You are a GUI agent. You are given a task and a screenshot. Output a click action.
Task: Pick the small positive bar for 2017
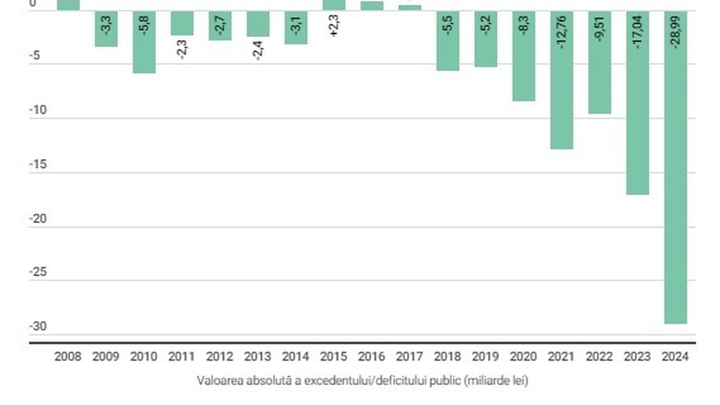tap(410, 8)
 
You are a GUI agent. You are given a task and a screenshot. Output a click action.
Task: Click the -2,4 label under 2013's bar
tap(258, 50)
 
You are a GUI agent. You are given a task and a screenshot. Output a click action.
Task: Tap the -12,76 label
tap(562, 32)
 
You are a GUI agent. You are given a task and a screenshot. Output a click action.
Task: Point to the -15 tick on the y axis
tap(38, 165)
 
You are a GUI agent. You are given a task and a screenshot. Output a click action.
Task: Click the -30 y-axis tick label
tap(38, 327)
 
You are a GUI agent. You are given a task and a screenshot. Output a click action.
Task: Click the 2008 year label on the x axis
tap(68, 356)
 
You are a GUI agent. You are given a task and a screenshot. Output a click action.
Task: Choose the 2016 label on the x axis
tap(371, 356)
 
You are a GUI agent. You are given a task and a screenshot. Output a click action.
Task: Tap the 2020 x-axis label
tap(523, 356)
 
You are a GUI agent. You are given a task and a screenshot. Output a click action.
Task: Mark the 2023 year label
tap(637, 356)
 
